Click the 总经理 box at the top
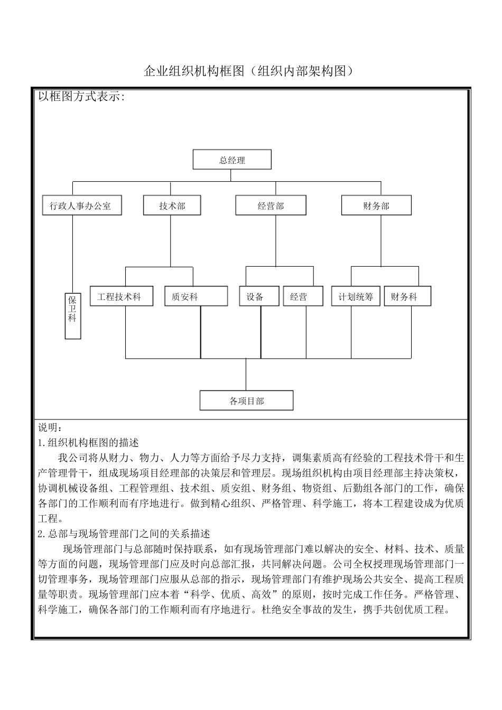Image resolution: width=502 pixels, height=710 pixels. tap(232, 160)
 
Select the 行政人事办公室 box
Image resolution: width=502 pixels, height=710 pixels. tap(81, 205)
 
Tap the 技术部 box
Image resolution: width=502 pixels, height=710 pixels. tap(172, 205)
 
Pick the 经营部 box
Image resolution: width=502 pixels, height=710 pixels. tap(271, 205)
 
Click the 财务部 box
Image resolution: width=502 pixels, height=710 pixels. tap(376, 205)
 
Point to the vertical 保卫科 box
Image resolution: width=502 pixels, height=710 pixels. tap(72, 315)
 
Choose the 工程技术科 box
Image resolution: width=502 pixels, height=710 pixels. tap(121, 296)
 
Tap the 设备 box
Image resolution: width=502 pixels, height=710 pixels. tap(259, 296)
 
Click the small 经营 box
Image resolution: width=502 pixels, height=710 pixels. tap(302, 296)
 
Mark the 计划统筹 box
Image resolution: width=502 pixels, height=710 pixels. tap(356, 296)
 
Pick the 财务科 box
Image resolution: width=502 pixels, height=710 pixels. tap(407, 296)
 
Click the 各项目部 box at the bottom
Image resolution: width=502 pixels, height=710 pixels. tap(246, 400)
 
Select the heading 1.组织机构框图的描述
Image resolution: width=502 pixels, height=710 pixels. tap(88, 442)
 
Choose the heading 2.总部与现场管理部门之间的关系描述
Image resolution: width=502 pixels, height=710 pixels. tap(124, 534)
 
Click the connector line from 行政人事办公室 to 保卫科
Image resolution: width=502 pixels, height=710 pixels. tap(72, 254)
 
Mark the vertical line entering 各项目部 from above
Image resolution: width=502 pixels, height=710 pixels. tap(246, 375)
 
